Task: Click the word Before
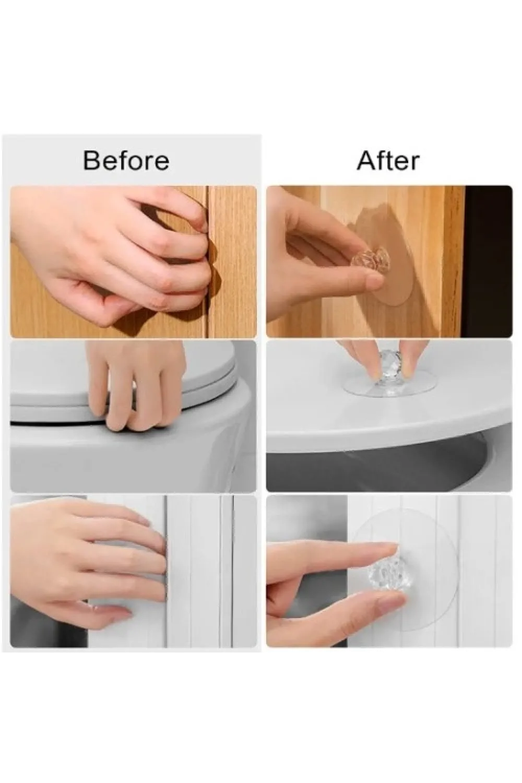(x=126, y=160)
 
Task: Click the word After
(x=388, y=160)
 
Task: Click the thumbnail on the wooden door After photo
(x=373, y=281)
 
